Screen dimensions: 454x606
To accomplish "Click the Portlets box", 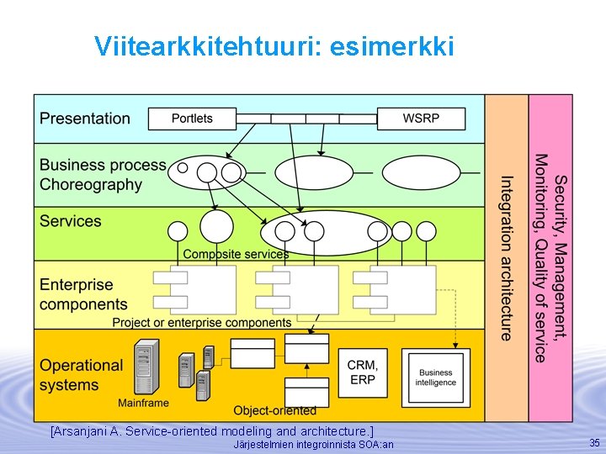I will click(192, 119).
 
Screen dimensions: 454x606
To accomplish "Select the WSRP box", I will click(421, 119).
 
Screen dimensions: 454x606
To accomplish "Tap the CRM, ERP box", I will click(363, 372).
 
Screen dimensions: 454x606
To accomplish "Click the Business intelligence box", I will click(435, 377).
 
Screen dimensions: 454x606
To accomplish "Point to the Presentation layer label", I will click(85, 119).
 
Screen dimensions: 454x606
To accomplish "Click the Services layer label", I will click(71, 221).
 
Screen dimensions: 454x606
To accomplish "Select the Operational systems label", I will click(81, 375).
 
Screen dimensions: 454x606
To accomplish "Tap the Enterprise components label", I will click(83, 294).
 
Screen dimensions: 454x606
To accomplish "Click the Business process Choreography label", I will click(103, 175).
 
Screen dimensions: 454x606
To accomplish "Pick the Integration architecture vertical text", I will click(505, 257).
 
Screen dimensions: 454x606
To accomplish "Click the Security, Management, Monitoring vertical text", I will click(550, 257).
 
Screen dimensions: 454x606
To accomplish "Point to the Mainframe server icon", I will click(146, 367).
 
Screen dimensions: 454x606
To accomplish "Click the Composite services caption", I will click(236, 254).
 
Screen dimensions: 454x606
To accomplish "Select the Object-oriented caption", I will click(274, 411).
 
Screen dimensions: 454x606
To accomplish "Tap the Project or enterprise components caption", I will click(202, 323).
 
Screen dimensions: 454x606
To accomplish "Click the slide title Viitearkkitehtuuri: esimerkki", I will click(274, 46).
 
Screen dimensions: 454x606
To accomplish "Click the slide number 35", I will click(594, 442).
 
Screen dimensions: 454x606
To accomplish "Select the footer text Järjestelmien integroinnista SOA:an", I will click(312, 444).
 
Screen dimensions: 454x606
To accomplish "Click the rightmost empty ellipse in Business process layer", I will click(422, 173).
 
